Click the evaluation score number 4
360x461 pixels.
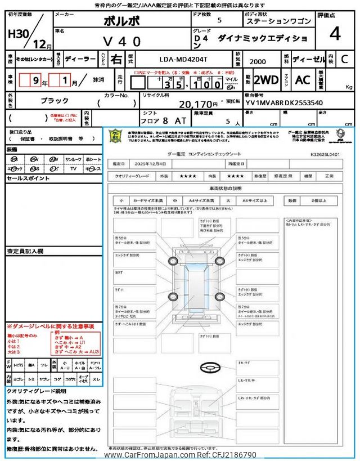[x=335, y=34]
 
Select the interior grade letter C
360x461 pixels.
[x=344, y=59]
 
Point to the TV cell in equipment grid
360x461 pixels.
[x=73, y=168]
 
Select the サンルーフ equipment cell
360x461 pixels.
[x=73, y=159]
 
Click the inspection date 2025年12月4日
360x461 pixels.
[x=151, y=164]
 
